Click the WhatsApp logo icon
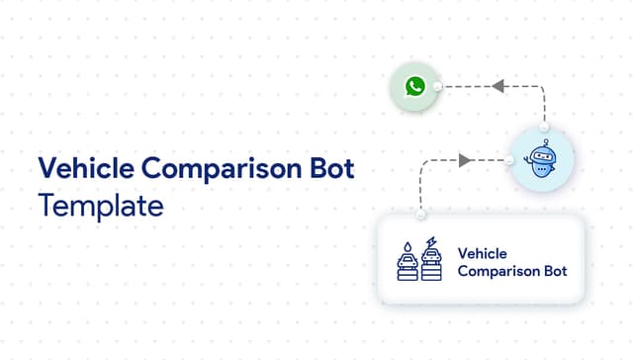pos(414,87)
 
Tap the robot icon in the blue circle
pos(542,160)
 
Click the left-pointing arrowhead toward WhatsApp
pos(498,87)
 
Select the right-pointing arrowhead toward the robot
pos(464,159)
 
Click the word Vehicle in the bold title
pos(80,170)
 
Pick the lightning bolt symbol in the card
pos(431,242)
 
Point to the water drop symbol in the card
pos(406,243)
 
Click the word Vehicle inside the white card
pos(483,252)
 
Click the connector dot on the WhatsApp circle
pos(437,87)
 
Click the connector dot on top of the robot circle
pos(542,129)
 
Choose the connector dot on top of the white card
pos(420,215)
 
